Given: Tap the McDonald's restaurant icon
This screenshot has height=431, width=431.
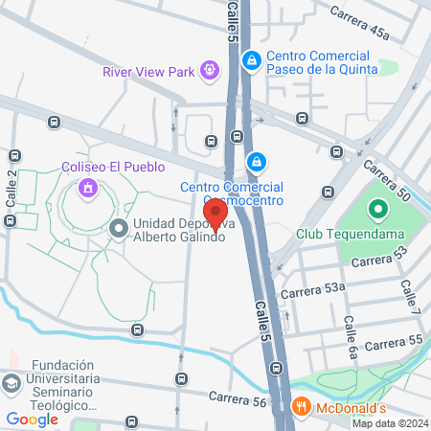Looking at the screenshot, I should click(x=302, y=406).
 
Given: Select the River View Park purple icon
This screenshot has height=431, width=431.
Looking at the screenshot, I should click(x=209, y=69).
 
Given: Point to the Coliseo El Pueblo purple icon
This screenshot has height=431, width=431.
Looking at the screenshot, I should click(x=88, y=188).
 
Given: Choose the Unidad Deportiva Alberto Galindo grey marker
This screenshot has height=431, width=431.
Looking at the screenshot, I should click(x=119, y=228).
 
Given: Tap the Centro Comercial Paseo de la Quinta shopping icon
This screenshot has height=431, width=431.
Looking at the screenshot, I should click(x=251, y=60).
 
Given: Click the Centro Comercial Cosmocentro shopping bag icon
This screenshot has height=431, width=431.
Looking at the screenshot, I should click(x=256, y=160).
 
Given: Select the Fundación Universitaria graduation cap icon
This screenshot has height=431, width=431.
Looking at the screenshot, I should click(x=11, y=383).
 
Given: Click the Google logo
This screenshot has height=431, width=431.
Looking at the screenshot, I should click(x=32, y=419).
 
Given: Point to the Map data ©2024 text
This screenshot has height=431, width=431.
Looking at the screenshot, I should click(x=389, y=423).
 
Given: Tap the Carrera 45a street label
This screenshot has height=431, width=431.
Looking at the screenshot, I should click(x=360, y=24).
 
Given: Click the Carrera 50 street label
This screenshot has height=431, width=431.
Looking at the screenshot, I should click(x=392, y=181).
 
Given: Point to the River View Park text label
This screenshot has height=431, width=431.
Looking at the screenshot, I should click(x=149, y=70).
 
